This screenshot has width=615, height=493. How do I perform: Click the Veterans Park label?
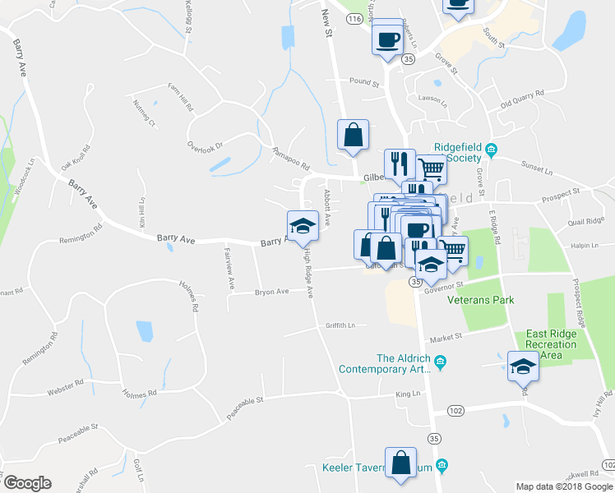(x=480, y=300)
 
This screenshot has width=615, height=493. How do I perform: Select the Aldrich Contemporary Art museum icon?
(x=440, y=361)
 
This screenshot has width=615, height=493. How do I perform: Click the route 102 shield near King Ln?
(x=455, y=409)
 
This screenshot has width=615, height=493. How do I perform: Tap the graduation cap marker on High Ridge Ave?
(x=303, y=225)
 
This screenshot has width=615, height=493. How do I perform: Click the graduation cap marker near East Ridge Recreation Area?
(x=522, y=366)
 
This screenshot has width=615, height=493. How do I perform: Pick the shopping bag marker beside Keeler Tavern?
(x=401, y=463)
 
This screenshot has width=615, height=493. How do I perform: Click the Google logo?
(x=27, y=482)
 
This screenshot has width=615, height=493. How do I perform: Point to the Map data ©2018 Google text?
(x=564, y=486)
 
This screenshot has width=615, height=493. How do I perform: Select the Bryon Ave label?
(x=271, y=291)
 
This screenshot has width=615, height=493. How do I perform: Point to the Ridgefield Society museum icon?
(x=491, y=150)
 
